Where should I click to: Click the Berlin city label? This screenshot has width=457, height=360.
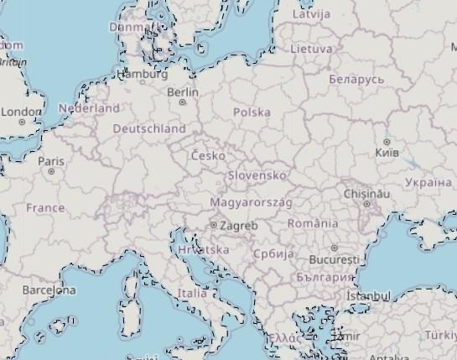(183, 91)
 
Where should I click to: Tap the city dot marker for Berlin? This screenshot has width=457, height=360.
(183, 102)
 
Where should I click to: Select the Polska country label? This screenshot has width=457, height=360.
(252, 112)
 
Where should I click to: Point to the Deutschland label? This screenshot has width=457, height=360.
(149, 128)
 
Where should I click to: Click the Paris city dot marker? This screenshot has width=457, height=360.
(51, 171)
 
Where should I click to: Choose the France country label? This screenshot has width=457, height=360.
(45, 207)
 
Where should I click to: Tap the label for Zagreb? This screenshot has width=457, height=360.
(239, 226)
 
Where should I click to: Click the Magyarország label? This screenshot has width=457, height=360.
(251, 202)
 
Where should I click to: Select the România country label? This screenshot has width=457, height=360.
(313, 223)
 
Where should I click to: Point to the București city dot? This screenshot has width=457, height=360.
(334, 248)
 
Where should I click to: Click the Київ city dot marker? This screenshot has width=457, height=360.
(387, 142)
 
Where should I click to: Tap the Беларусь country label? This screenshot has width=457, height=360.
(356, 79)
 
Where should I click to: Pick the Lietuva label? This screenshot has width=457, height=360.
(311, 49)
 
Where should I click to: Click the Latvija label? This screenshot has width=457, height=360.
(311, 14)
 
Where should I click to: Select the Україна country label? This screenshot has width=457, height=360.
(428, 182)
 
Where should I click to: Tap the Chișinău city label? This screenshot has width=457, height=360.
(366, 193)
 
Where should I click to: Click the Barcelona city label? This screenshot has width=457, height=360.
(49, 290)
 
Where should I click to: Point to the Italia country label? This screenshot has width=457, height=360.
(192, 294)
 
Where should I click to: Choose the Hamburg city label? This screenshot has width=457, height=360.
(144, 74)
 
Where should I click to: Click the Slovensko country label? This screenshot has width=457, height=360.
(257, 175)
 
